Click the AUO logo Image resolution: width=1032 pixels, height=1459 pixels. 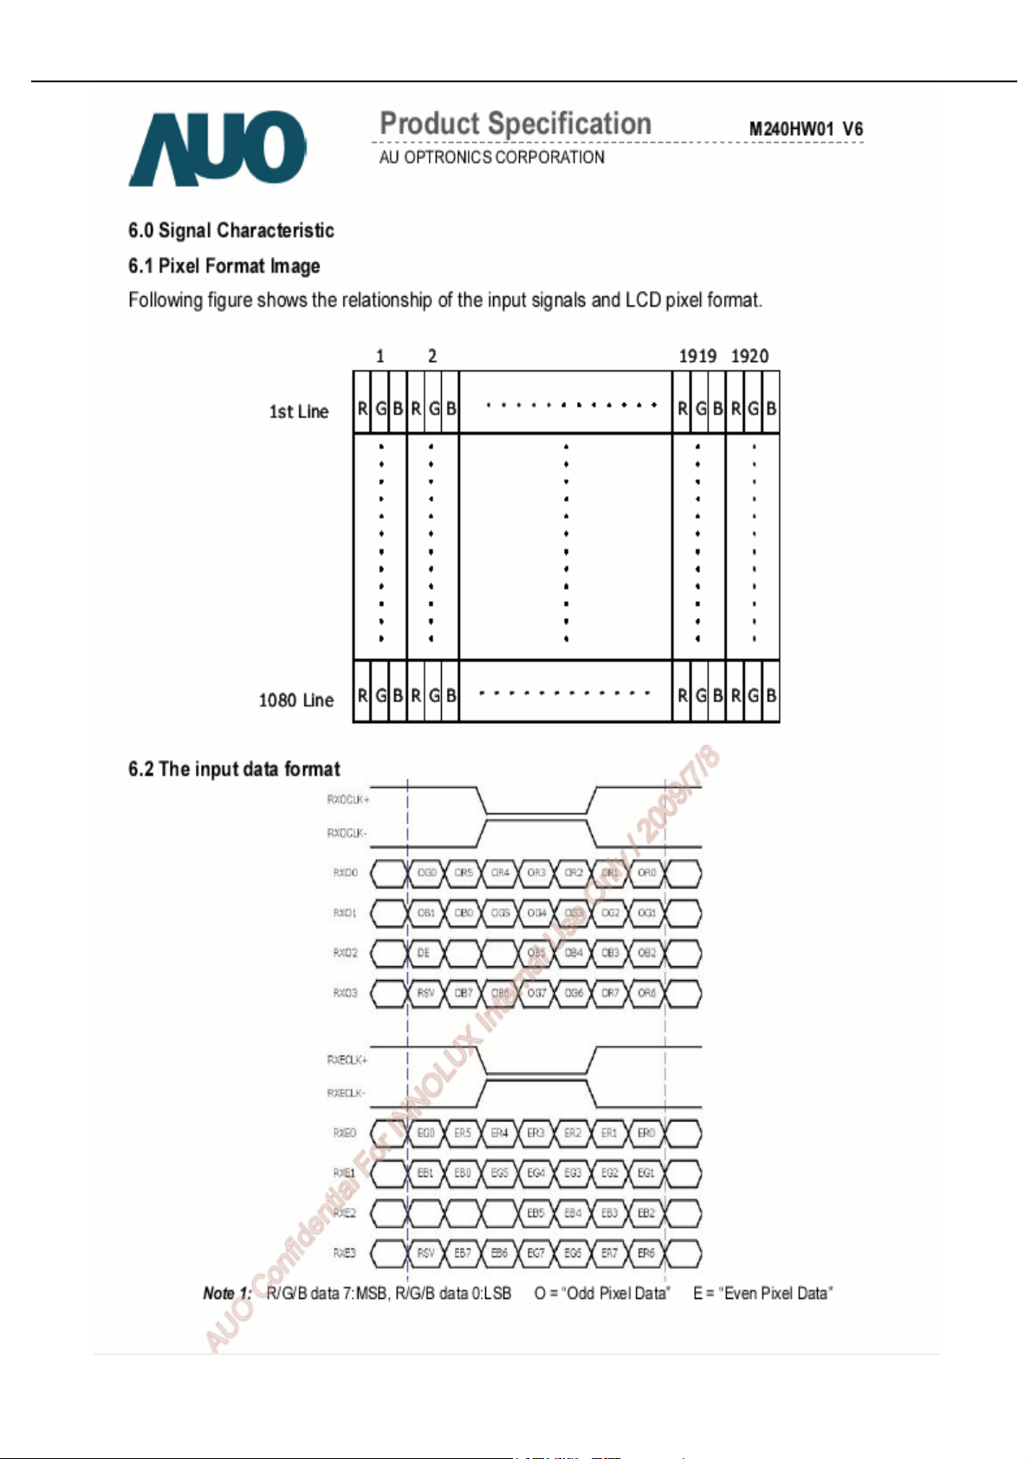(x=217, y=148)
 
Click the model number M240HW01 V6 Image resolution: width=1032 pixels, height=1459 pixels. (x=805, y=129)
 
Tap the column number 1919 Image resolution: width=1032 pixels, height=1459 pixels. (x=698, y=356)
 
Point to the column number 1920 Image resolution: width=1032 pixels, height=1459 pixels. (x=750, y=356)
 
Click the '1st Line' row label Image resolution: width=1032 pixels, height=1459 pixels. (x=298, y=411)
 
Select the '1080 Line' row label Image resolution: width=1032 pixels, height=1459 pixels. (x=295, y=700)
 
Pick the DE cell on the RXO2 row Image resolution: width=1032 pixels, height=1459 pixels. (x=424, y=952)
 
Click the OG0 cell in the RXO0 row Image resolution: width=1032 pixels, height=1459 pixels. (x=426, y=873)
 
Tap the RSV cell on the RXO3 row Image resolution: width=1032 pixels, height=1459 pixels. (x=425, y=993)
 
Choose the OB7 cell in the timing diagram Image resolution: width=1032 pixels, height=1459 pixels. (x=464, y=993)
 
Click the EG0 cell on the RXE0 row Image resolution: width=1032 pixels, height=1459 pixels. (x=425, y=1133)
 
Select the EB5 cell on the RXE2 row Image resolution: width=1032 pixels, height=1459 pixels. (x=535, y=1213)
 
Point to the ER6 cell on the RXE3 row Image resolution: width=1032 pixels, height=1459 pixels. (x=646, y=1253)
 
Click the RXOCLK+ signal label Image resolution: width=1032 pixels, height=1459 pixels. (x=347, y=799)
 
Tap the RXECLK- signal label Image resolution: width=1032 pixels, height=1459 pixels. (x=347, y=1093)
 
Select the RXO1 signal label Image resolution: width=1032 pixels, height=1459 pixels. (x=345, y=913)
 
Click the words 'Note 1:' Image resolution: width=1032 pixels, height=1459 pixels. (x=227, y=1293)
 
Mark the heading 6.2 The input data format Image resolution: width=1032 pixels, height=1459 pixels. (x=234, y=769)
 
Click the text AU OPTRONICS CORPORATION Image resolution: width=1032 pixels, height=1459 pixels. (x=491, y=158)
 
